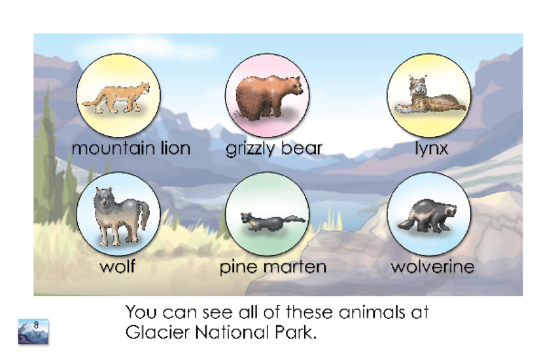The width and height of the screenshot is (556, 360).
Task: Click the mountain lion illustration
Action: point(116,98)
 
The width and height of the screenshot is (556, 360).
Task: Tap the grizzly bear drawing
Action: point(269,96)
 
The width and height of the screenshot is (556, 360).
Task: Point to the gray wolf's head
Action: point(104,197)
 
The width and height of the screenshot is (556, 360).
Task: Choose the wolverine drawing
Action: point(427,216)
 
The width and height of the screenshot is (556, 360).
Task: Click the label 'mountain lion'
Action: point(131,148)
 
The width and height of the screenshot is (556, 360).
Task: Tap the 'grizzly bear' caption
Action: point(273,149)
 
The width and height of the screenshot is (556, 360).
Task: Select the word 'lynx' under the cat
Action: point(432,149)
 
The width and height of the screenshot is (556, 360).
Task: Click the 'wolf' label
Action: point(117,266)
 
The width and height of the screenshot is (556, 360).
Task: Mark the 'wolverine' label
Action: point(432,266)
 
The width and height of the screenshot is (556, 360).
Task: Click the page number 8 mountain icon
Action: point(33,332)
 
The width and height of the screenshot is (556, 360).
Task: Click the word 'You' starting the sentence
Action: point(141,312)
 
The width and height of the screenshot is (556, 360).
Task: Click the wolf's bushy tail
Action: point(145,214)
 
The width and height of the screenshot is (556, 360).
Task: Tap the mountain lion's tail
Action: point(92,102)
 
